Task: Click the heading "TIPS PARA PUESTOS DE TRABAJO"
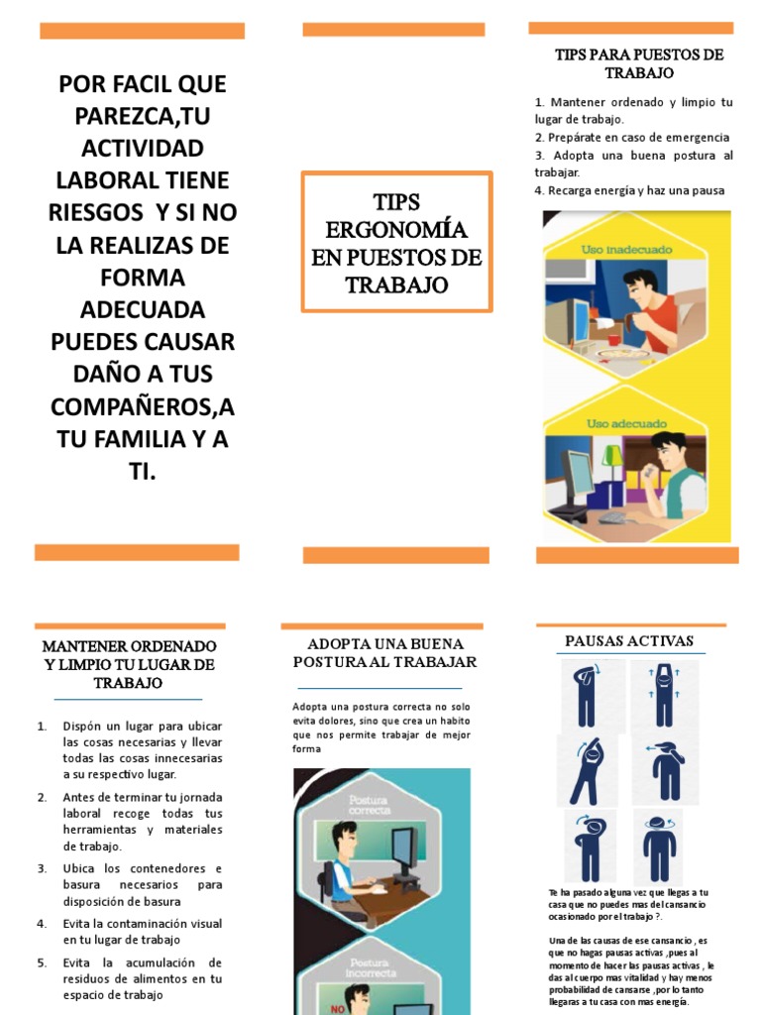coord(639,63)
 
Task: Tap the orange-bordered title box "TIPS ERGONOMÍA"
coord(396,243)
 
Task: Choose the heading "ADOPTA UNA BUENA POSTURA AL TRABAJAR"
coord(384,652)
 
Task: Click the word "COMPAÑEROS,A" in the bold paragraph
coord(143,406)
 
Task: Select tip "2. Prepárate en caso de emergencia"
coord(631,137)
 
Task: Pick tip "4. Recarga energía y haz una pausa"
coord(629,190)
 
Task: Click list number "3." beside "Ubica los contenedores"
coord(43,868)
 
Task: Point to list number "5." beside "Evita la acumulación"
coord(43,962)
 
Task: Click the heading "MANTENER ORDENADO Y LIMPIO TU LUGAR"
coord(129,664)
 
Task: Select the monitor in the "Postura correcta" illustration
coord(403,852)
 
